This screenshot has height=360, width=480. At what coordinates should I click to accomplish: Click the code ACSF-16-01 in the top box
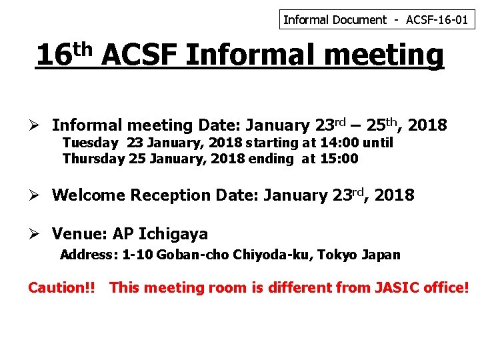tap(438, 20)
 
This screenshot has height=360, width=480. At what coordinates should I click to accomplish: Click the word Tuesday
tap(91, 143)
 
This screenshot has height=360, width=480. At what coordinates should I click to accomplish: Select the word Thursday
tap(94, 159)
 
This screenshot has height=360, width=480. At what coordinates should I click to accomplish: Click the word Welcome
tap(89, 195)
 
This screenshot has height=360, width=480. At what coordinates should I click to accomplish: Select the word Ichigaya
tap(173, 235)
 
